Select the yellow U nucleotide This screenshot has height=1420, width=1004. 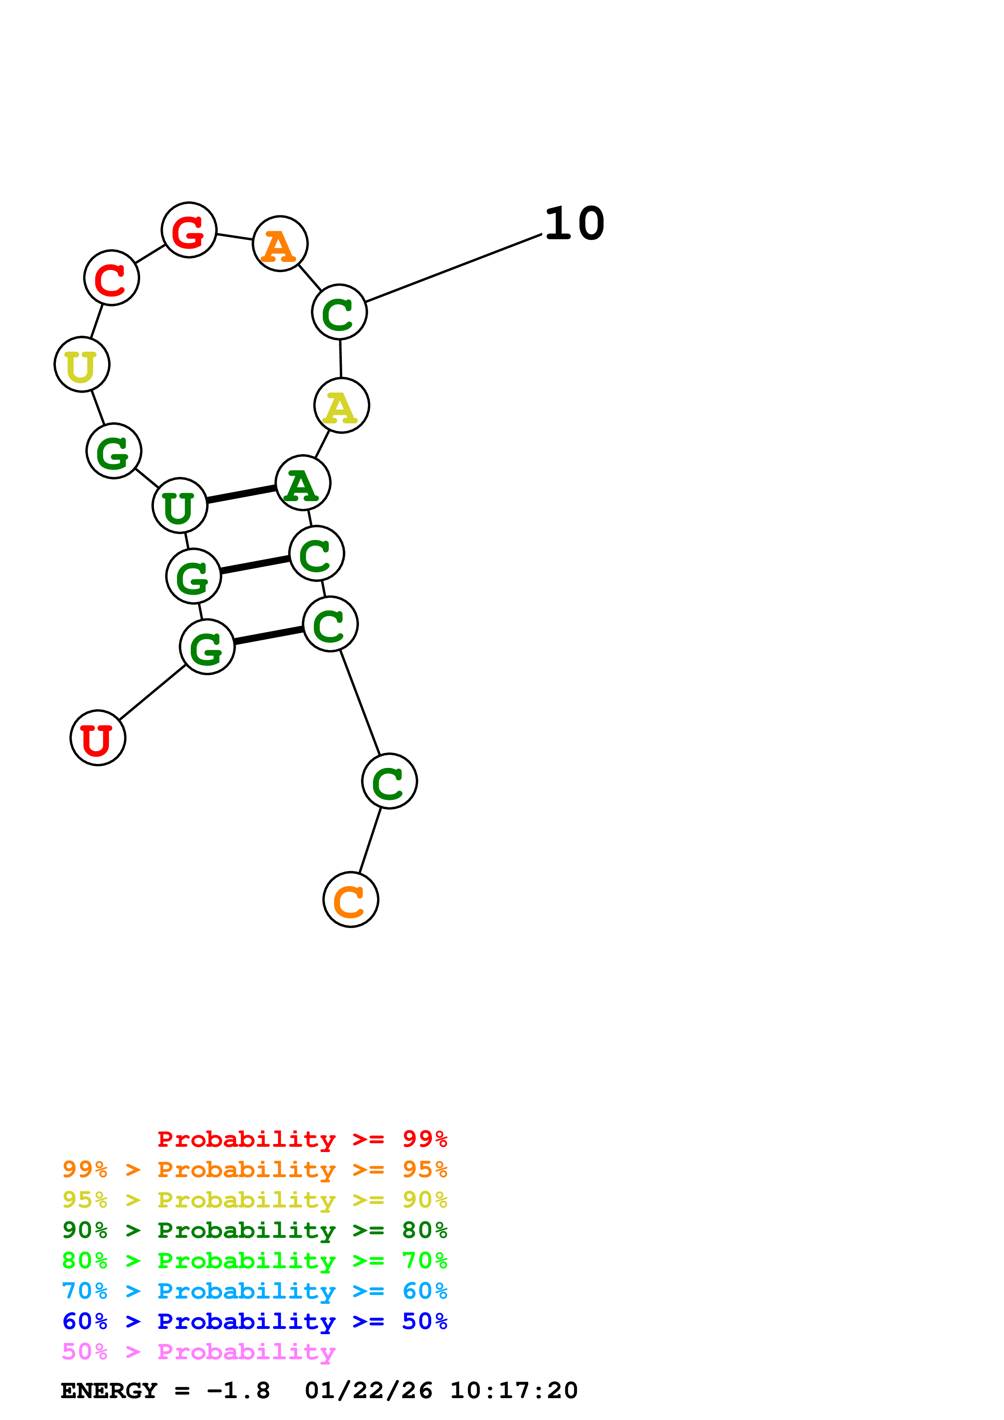click(x=82, y=364)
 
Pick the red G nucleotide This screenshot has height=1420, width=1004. click(x=189, y=230)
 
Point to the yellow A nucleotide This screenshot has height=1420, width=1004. click(x=341, y=405)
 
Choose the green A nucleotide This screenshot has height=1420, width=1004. click(x=303, y=483)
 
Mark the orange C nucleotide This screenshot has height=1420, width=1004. click(x=351, y=899)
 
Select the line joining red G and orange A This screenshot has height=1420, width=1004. click(x=234, y=237)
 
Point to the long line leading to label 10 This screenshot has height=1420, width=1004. click(x=454, y=268)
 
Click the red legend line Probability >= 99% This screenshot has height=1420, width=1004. click(x=302, y=1139)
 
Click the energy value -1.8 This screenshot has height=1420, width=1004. click(x=238, y=1390)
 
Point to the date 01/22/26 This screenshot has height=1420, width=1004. click(x=368, y=1390)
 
